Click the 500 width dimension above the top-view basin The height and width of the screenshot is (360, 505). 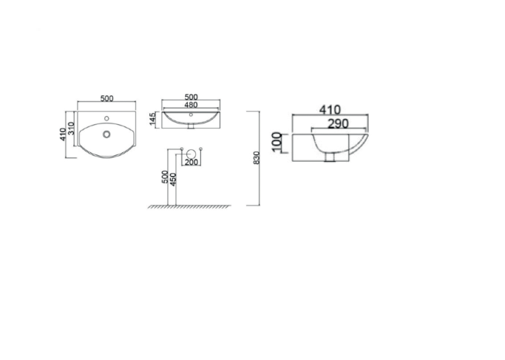click(x=106, y=97)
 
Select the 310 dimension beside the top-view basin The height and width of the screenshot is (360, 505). click(x=72, y=129)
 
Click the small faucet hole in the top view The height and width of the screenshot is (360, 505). click(x=107, y=118)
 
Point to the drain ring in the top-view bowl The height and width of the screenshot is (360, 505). click(x=107, y=134)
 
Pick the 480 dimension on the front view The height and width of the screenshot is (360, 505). click(x=191, y=105)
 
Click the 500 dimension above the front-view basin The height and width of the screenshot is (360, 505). click(x=191, y=97)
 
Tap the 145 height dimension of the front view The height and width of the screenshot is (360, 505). click(x=152, y=119)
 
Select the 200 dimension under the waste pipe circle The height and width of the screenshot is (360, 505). click(x=191, y=161)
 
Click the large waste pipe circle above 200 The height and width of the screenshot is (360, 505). click(x=191, y=154)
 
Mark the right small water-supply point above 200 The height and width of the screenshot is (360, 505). click(x=200, y=150)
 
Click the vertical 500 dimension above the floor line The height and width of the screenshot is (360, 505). click(x=164, y=177)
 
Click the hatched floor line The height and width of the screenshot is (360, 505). click(x=191, y=206)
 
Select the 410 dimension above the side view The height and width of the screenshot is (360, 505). click(x=330, y=109)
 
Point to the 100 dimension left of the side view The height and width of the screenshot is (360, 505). click(x=277, y=142)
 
